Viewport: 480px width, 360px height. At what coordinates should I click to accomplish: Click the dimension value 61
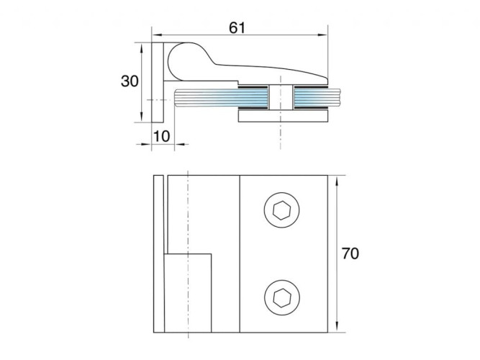click(237, 28)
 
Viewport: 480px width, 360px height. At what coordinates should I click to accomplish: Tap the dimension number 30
click(130, 81)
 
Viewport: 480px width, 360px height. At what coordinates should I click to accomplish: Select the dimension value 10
click(161, 136)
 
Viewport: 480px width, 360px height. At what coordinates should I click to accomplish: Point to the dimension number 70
click(350, 253)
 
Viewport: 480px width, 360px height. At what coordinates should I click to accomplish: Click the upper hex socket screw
click(281, 210)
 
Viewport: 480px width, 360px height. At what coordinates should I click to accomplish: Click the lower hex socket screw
click(281, 297)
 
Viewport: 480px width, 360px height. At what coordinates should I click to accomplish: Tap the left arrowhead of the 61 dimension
click(157, 35)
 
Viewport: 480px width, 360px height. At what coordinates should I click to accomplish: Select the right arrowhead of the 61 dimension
click(323, 35)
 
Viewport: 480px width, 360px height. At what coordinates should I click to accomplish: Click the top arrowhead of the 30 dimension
click(142, 48)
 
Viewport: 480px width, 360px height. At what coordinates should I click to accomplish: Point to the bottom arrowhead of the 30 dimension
click(142, 117)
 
